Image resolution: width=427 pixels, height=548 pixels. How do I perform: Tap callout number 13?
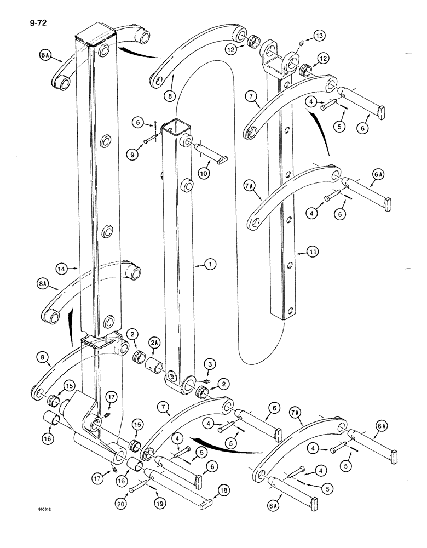click(319, 36)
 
